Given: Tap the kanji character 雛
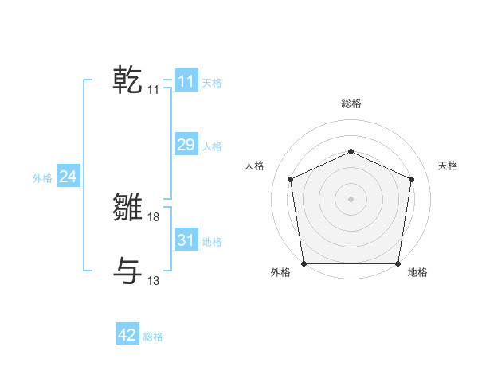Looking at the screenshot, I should click(x=127, y=207).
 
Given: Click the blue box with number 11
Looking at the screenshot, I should click(x=186, y=81).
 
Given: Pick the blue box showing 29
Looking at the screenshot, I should click(x=186, y=145).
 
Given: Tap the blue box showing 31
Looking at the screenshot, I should click(x=186, y=240).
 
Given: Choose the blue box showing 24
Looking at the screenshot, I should click(x=69, y=177).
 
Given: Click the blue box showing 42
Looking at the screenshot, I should click(x=127, y=336).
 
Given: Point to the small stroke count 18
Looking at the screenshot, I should click(x=154, y=216).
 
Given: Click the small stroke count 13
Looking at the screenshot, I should click(x=154, y=280).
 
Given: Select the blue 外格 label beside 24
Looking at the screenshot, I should click(x=42, y=178).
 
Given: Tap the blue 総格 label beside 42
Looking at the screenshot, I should click(x=153, y=337).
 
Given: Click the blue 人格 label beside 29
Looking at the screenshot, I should click(x=212, y=146).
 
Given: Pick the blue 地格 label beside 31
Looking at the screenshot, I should click(x=212, y=242).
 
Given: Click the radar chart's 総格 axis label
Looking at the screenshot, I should click(x=351, y=103).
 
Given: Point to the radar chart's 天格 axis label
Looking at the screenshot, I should click(x=448, y=166).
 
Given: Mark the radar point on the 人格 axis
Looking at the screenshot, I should click(x=290, y=179).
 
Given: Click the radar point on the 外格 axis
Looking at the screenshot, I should click(x=304, y=263).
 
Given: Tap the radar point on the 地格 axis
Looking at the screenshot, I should click(x=398, y=263).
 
